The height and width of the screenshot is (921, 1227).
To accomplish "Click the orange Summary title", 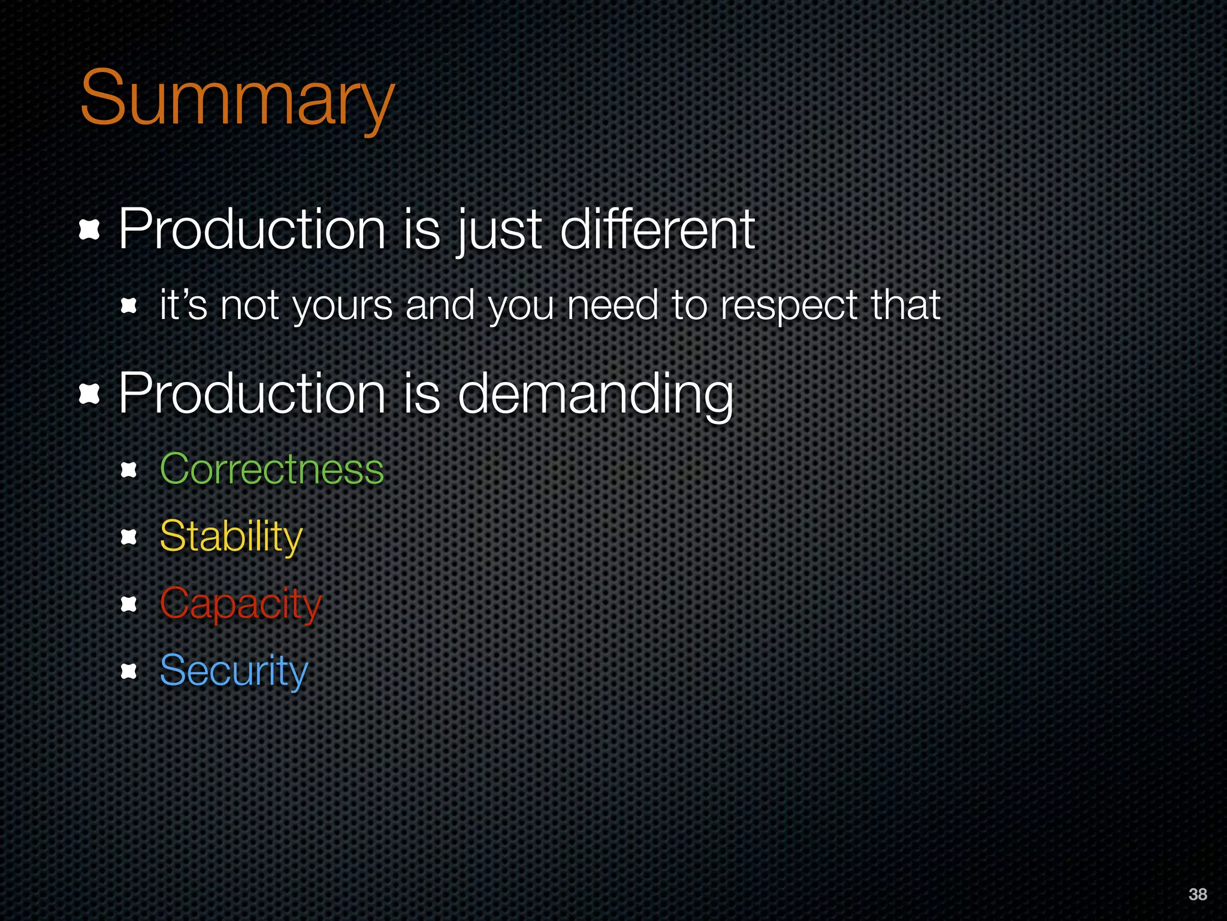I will click(x=237, y=99).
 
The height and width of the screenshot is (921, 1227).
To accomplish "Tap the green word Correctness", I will click(x=271, y=469).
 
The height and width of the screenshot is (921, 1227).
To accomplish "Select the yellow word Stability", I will click(x=231, y=536).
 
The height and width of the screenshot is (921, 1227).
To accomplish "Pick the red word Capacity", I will click(x=241, y=604).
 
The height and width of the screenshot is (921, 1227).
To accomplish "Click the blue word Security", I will click(x=234, y=671).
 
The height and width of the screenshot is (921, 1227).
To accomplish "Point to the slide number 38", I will click(x=1197, y=894).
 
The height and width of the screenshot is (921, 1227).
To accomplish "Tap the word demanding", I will click(x=596, y=394).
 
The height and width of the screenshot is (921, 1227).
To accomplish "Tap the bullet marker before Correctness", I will click(x=129, y=469).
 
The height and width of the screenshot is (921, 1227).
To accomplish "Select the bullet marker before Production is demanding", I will click(x=89, y=394).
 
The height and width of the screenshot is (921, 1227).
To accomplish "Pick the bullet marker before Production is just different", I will click(x=89, y=230).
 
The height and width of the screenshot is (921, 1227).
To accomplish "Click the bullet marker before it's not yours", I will click(x=129, y=306).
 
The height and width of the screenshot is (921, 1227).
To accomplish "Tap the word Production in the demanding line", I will click(x=252, y=394).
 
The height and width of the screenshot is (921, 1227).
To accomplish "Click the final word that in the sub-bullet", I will click(x=905, y=305).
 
